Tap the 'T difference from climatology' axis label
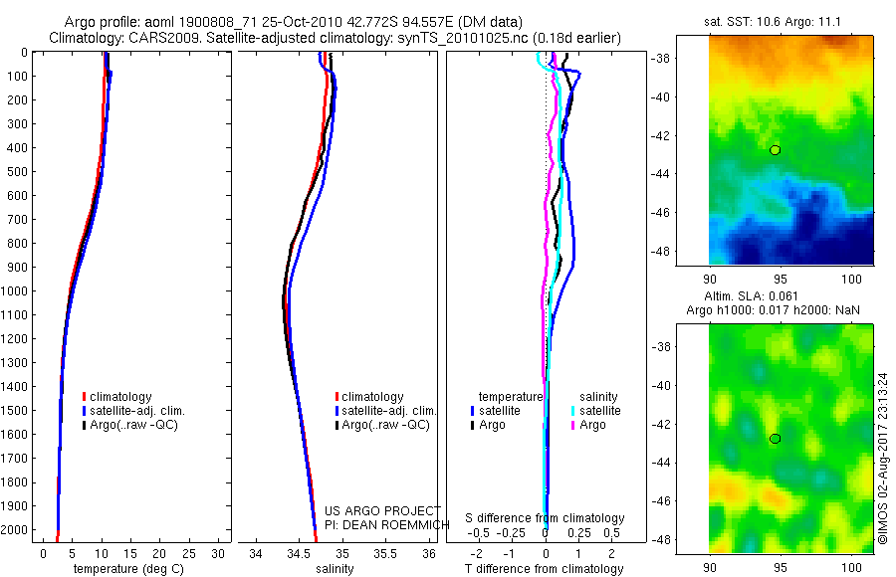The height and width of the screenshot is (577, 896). (x=546, y=569)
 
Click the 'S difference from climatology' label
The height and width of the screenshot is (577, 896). (x=546, y=518)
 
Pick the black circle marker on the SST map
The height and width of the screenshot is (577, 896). (x=776, y=149)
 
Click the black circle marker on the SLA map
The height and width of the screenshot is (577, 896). (x=776, y=439)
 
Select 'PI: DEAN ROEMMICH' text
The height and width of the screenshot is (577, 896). (x=382, y=524)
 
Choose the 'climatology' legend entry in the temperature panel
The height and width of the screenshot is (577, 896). (x=122, y=397)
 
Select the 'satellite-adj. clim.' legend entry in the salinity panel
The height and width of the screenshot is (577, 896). (x=388, y=411)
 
